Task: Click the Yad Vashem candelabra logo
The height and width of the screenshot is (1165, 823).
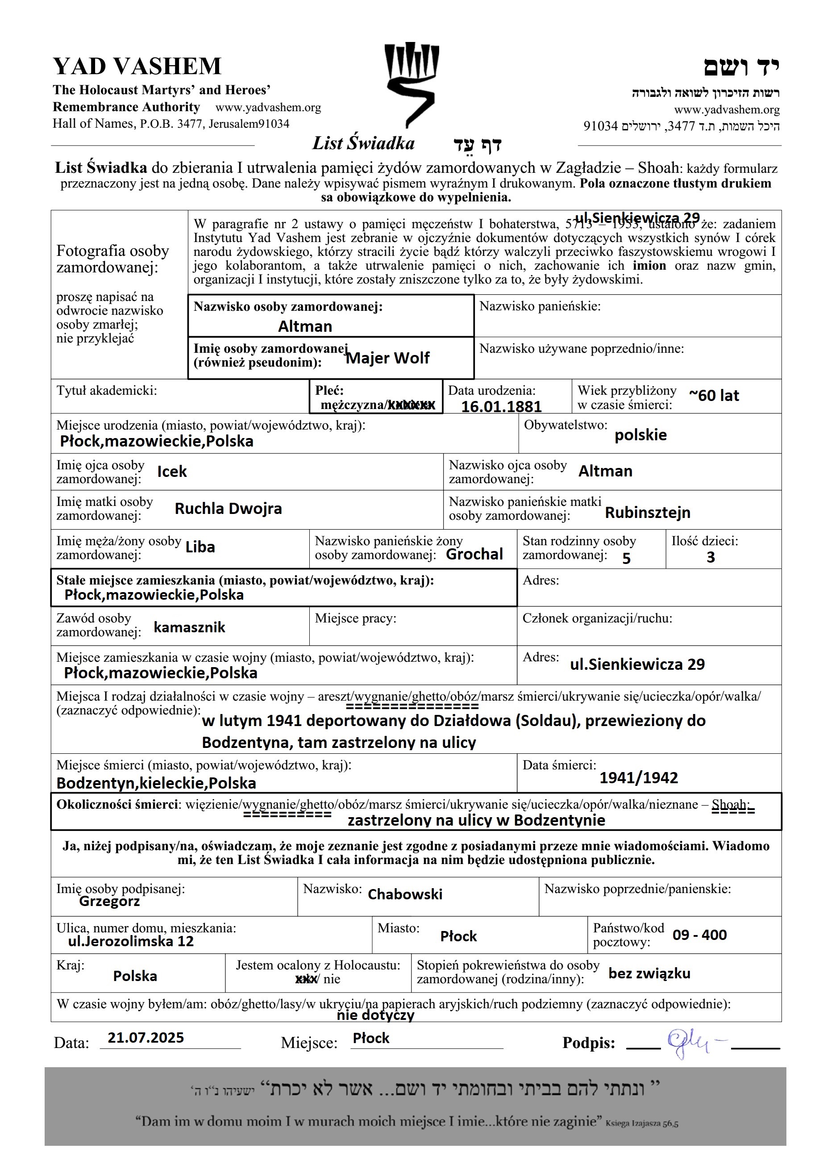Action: point(411,84)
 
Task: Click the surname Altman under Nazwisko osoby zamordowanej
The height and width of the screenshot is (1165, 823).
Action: point(305,326)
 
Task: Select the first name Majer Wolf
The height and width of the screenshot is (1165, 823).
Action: point(387,358)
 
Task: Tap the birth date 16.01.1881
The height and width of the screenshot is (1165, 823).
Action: point(501,406)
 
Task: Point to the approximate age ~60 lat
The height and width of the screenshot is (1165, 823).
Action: point(714,396)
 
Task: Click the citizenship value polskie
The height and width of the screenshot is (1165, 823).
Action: point(640,435)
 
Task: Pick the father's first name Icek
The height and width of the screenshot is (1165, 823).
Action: point(172,472)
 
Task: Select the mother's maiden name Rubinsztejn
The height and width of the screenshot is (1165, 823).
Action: point(648,513)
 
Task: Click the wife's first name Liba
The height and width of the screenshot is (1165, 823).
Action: point(200,547)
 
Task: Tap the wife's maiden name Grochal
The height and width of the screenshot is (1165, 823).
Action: point(474,554)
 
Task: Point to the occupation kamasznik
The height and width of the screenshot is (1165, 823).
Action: point(189,628)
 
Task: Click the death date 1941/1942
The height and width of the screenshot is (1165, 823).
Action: point(638,777)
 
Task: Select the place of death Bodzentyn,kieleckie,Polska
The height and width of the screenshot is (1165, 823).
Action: point(156,783)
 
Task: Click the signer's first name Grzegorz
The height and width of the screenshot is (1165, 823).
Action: point(109,901)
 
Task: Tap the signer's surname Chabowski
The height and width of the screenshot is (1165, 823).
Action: point(405,894)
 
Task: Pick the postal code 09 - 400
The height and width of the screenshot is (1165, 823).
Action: point(699,935)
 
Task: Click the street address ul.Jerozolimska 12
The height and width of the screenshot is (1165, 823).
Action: point(131,941)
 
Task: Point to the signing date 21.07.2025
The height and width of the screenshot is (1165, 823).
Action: point(145,1038)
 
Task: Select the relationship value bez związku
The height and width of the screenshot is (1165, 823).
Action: point(649,973)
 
